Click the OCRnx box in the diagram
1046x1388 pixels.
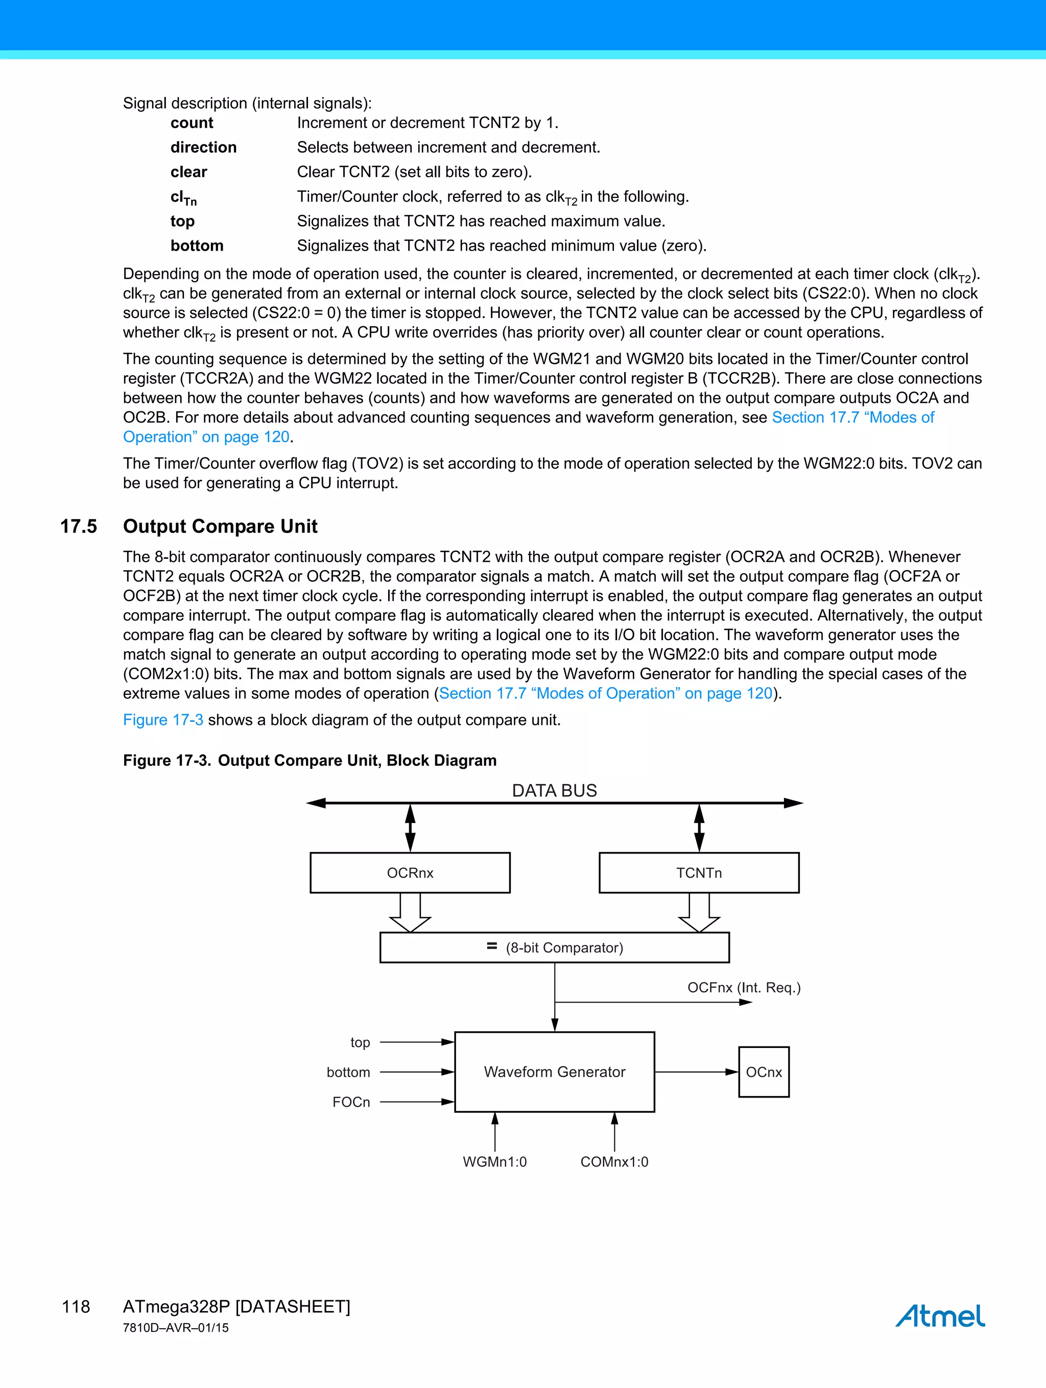(410, 872)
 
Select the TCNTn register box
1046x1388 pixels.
(699, 872)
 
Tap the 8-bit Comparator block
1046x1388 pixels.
(554, 947)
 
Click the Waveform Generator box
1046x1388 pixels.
(554, 1072)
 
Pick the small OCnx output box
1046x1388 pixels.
(764, 1072)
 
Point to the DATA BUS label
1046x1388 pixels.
(554, 791)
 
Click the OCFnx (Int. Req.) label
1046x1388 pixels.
(744, 988)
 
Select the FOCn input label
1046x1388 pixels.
(351, 1102)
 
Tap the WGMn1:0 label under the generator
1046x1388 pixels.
(495, 1161)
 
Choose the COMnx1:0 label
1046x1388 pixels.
(614, 1161)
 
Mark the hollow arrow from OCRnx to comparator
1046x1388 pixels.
(410, 913)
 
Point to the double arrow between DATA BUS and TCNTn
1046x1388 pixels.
(699, 829)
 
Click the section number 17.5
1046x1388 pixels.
(79, 526)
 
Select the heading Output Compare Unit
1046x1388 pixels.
(220, 526)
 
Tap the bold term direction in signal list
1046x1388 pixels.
(203, 147)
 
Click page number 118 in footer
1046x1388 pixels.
(76, 1306)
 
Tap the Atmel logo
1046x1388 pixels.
(940, 1316)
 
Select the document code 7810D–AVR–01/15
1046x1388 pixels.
(176, 1328)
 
